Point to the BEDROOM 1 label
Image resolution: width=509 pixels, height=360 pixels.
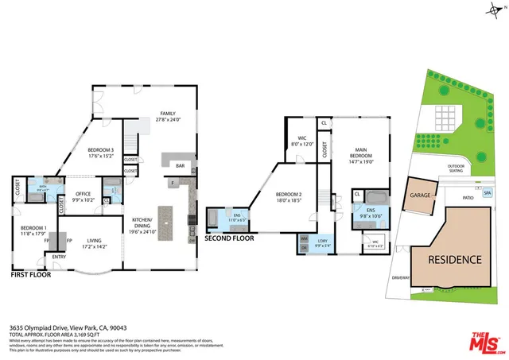(34, 227)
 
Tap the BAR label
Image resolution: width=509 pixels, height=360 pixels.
(180, 166)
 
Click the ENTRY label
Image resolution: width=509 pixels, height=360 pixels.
(59, 257)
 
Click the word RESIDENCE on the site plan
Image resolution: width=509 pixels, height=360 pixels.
(454, 259)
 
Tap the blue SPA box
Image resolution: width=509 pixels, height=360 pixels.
(488, 193)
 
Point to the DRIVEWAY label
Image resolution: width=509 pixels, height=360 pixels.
(401, 277)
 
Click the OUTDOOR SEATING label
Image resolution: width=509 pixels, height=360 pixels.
(455, 168)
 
